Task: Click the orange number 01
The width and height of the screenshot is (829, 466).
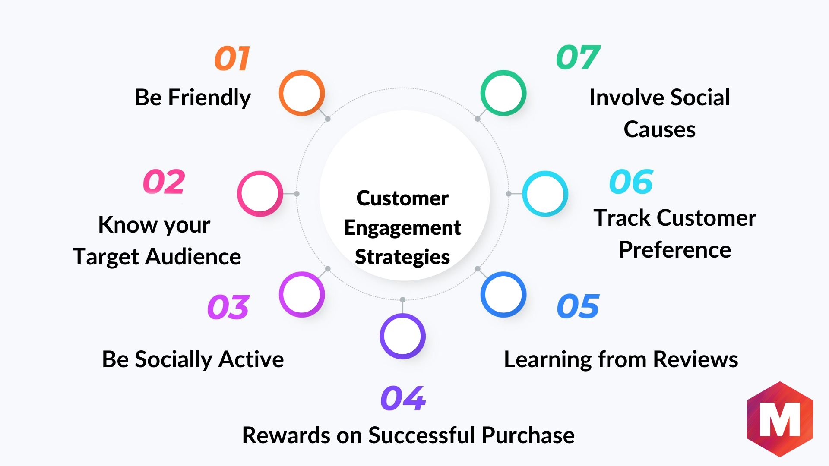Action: click(232, 58)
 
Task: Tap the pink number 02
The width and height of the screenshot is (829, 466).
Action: click(164, 182)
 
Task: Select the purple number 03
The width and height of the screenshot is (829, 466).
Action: click(228, 307)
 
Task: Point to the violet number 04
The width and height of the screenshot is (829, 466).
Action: click(403, 398)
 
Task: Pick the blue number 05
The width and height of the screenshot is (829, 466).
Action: click(578, 306)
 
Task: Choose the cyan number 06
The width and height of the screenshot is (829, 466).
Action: click(631, 182)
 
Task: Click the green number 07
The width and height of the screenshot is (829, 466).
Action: click(578, 57)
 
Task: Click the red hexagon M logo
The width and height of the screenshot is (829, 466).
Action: click(780, 419)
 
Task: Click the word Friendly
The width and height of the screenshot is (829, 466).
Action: click(209, 98)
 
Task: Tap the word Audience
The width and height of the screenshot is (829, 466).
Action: click(193, 257)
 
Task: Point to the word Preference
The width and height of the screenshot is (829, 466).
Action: click(675, 250)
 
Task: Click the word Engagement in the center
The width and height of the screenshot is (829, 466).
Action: click(402, 228)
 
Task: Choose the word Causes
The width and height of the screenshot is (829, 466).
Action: click(659, 129)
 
